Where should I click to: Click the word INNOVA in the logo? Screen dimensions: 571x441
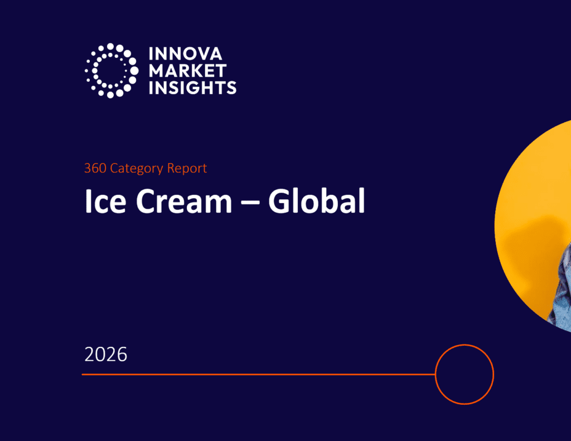(185, 54)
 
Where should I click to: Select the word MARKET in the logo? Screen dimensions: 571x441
(187, 71)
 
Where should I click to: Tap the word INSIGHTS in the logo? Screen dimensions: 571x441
(192, 87)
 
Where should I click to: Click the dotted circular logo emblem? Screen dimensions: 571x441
(112, 71)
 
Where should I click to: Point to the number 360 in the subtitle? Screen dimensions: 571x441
(95, 168)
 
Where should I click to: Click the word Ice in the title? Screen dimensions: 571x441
(105, 201)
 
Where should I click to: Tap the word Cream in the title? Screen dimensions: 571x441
(184, 201)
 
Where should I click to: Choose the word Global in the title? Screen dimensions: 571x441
(317, 200)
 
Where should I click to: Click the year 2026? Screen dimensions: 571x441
(105, 354)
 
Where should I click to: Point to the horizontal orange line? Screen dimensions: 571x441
(259, 374)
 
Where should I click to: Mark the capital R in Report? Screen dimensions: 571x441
(171, 168)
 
